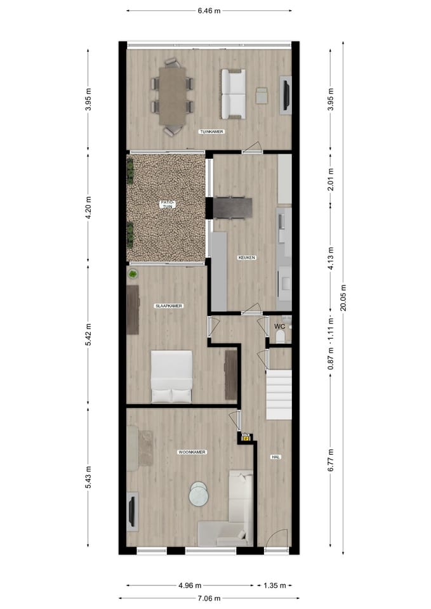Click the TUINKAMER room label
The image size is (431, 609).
[212, 131]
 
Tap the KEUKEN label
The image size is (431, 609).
[246, 258]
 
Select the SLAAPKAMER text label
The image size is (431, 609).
[169, 306]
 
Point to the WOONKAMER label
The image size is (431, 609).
[191, 452]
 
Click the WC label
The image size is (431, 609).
[279, 327]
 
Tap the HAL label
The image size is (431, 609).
[275, 456]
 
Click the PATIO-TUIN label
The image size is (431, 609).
[170, 204]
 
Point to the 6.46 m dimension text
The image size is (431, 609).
[209, 11]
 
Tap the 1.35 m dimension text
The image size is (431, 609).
[277, 586]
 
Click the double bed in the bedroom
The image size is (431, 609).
[171, 376]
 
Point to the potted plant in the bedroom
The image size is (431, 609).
[133, 274]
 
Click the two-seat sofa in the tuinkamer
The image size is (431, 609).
[232, 94]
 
